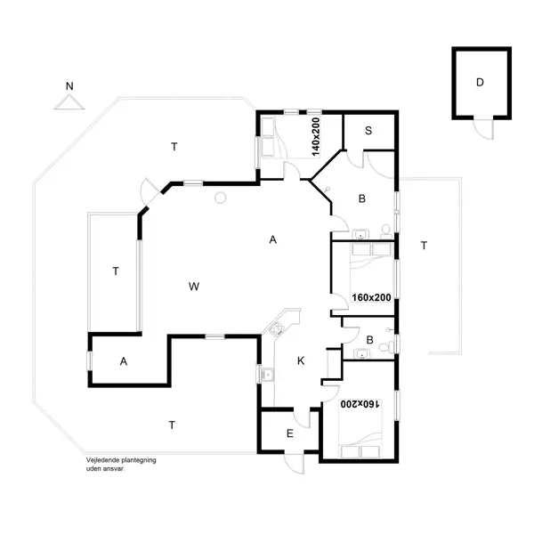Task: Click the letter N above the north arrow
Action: tap(69, 85)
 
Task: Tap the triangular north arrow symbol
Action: tap(69, 102)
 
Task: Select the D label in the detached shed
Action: tap(480, 83)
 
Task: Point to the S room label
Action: tap(368, 131)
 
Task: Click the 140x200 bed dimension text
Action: tap(314, 135)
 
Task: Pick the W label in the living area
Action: tap(193, 286)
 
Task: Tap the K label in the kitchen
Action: tap(301, 360)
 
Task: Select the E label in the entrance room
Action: tap(289, 433)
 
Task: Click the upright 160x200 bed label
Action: tap(372, 297)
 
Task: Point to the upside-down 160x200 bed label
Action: tap(359, 404)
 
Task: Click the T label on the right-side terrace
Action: tap(424, 245)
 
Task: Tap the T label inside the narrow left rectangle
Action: tap(115, 271)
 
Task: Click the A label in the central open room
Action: tap(273, 239)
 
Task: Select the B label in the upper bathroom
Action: tap(362, 198)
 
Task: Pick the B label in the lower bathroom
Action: tap(369, 338)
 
